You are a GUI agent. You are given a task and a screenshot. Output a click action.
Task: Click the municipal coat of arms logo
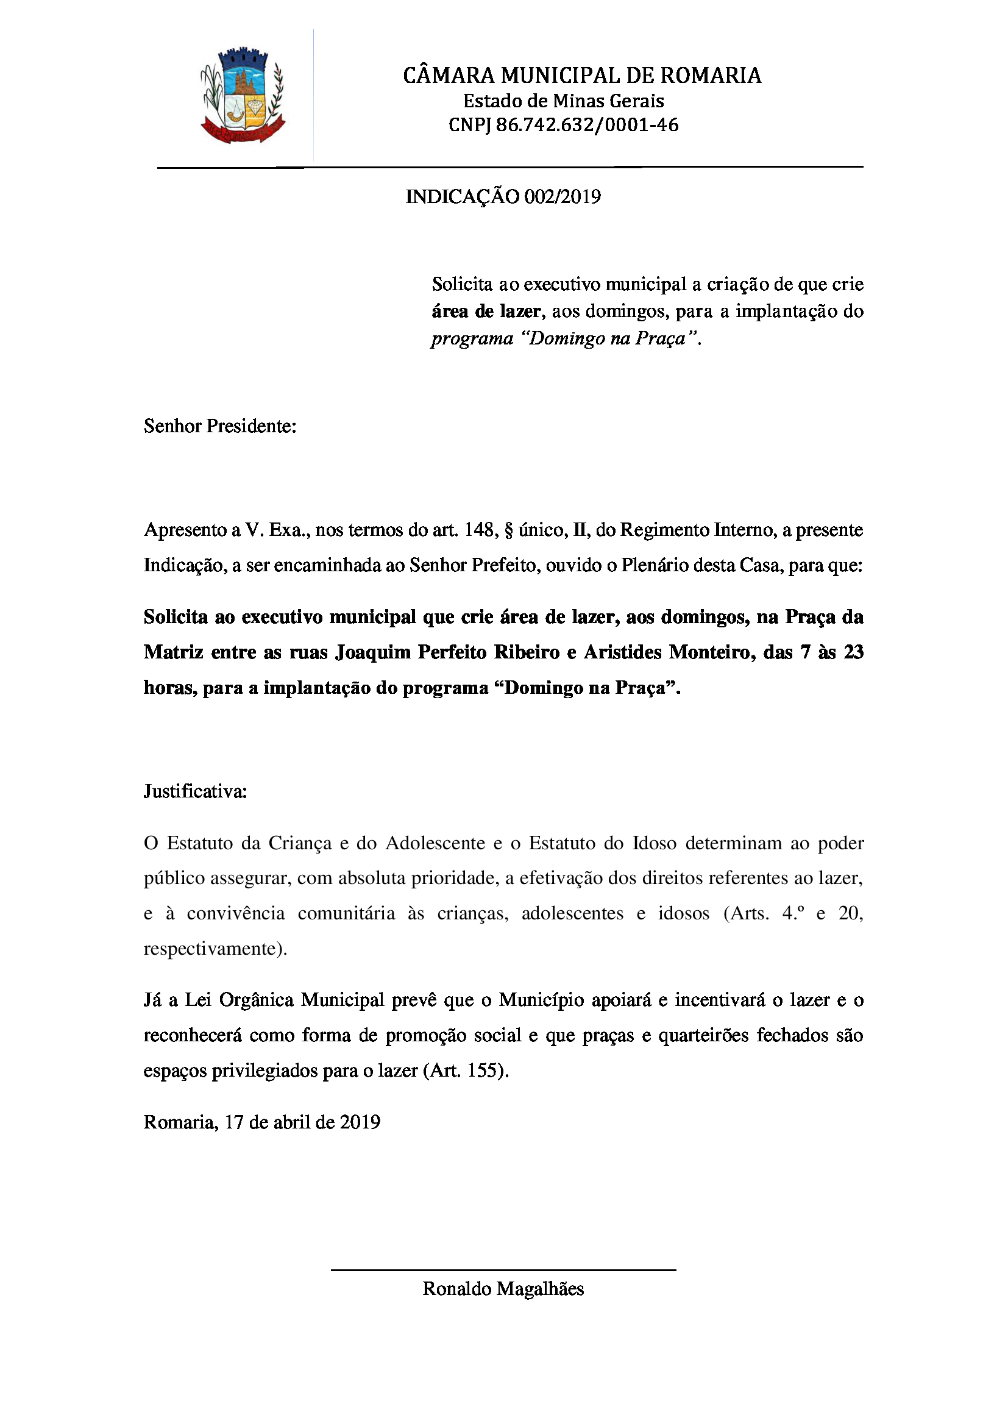[x=243, y=96]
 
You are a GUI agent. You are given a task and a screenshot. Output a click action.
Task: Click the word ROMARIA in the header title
[x=710, y=76]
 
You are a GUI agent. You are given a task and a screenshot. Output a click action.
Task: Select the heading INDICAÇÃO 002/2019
[x=503, y=197]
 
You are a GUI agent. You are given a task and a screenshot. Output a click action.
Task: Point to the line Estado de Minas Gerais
[x=564, y=101]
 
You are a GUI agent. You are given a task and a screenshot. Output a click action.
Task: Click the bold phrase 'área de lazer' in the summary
[x=486, y=311]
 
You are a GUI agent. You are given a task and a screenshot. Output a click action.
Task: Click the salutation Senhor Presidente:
[x=220, y=426]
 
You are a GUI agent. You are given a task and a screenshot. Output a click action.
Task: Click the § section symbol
[x=508, y=530]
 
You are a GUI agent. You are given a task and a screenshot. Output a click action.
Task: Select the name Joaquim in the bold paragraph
[x=373, y=652]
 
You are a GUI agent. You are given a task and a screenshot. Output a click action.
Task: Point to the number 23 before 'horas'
[x=853, y=652]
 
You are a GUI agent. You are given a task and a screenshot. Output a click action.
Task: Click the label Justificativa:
[x=196, y=791]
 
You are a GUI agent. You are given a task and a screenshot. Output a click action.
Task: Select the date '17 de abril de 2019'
[x=302, y=1122]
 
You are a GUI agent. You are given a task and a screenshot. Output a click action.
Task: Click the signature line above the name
[x=503, y=1270]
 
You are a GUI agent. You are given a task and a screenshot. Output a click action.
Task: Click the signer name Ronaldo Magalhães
[x=503, y=1289]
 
